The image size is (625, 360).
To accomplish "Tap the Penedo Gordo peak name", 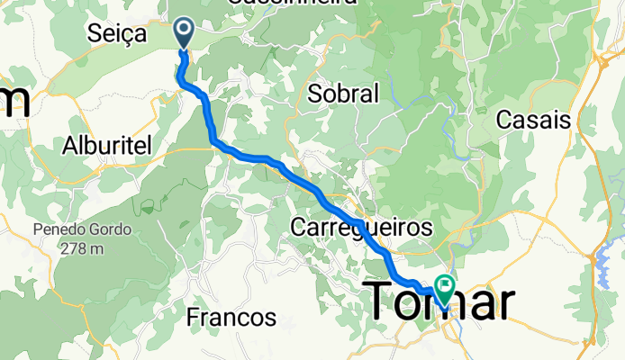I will point(83,229).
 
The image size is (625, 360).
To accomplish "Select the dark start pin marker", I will point(184,33).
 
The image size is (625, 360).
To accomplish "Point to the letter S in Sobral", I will point(314,92).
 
